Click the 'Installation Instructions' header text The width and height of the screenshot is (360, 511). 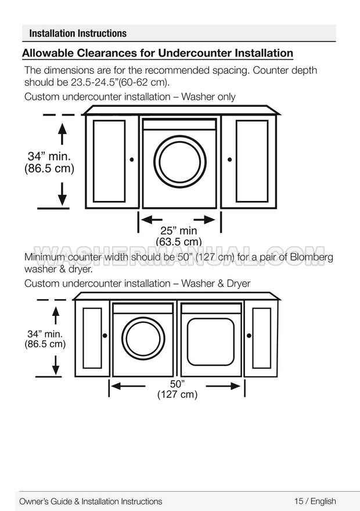(x=78, y=33)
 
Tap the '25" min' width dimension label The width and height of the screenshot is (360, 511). (x=179, y=231)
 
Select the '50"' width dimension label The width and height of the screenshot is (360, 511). (x=177, y=384)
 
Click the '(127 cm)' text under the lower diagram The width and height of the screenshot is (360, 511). (x=177, y=395)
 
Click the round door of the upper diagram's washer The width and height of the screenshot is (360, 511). (x=179, y=162)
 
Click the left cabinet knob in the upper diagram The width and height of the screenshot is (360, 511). (x=132, y=159)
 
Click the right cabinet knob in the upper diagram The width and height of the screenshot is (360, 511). (x=229, y=159)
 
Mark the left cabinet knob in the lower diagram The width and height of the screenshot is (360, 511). (x=105, y=335)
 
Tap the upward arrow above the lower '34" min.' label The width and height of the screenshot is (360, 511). (x=56, y=315)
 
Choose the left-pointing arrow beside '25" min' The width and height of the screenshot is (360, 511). (x=150, y=219)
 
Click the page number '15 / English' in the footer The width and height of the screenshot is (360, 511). (x=315, y=501)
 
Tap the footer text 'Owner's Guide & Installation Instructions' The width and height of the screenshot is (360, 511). (x=91, y=501)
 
